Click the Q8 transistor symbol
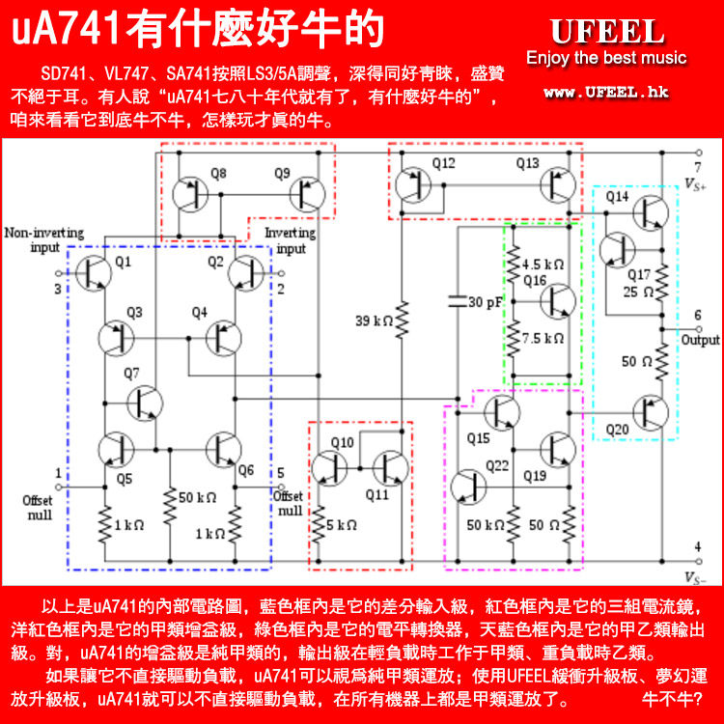pyautogui.click(x=188, y=194)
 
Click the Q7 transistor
pyautogui.click(x=146, y=402)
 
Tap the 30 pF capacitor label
pyautogui.click(x=486, y=302)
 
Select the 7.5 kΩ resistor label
pyautogui.click(x=541, y=339)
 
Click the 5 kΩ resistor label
pyautogui.click(x=343, y=525)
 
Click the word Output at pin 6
pyautogui.click(x=700, y=340)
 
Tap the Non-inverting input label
pyautogui.click(x=43, y=240)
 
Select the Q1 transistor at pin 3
pyautogui.click(x=94, y=274)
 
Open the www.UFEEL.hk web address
pyautogui.click(x=607, y=93)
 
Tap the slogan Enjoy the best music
pyautogui.click(x=606, y=59)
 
